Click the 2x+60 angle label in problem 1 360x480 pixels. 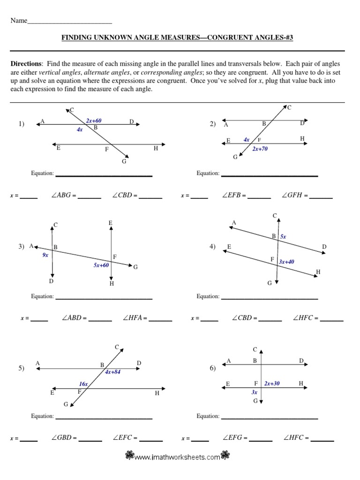point(94,121)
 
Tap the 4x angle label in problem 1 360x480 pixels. point(80,129)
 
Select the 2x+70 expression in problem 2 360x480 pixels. point(260,149)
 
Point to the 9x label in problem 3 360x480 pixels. point(45,255)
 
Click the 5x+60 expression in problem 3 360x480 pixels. point(101,265)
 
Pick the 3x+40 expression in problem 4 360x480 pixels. point(286,262)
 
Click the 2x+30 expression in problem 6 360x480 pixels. point(272,383)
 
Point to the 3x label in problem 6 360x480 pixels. point(255,392)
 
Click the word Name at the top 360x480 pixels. point(19,21)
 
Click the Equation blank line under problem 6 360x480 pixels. point(270,418)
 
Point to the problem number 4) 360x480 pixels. point(212,247)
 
